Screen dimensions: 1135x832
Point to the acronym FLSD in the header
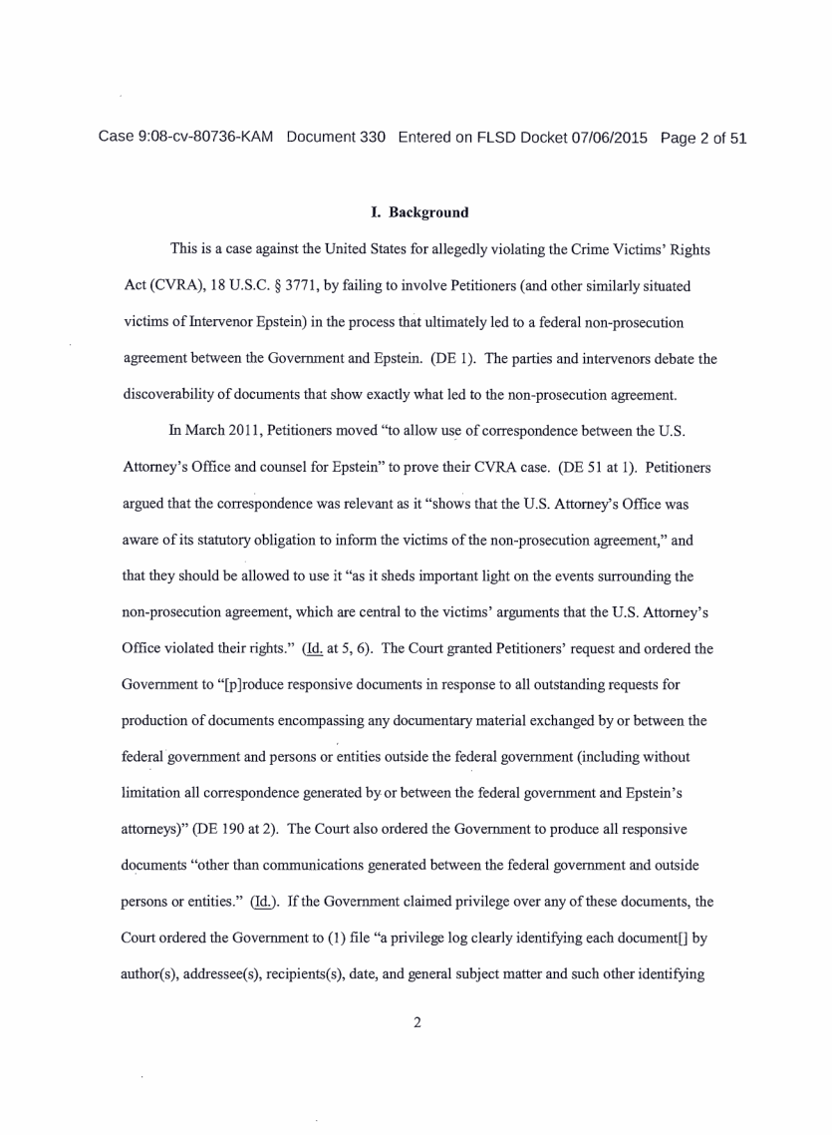495,138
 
